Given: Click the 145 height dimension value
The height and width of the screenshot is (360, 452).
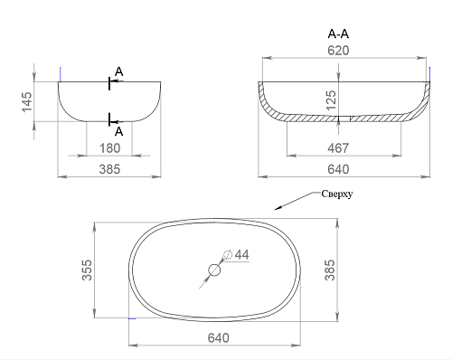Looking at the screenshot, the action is point(27,101).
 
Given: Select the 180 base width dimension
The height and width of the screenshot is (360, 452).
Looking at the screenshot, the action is point(109,148).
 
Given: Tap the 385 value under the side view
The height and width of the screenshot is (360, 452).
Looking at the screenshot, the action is point(109,169).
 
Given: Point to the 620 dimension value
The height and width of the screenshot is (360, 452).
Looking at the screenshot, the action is point(338,51).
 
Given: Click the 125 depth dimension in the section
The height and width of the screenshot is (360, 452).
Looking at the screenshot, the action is point(331,100).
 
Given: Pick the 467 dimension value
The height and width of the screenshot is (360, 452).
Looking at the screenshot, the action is point(338,148).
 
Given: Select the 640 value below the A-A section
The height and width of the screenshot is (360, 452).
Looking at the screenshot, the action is point(338,169).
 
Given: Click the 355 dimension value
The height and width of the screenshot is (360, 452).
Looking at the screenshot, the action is point(87,270).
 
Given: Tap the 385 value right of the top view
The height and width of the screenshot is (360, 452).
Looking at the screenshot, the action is point(330,270).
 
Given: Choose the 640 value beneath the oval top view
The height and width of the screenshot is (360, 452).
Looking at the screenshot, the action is point(219,338).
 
